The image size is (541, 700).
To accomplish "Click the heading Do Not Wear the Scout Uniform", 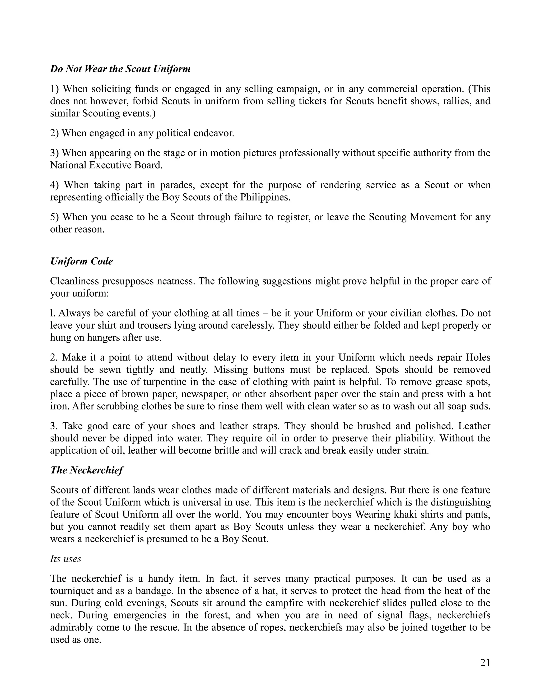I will coord(120,69).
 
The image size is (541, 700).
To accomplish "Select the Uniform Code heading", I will coord(81,261).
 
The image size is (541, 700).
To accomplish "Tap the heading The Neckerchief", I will coord(87,470).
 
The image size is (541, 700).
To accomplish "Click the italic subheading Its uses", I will coord(66,559).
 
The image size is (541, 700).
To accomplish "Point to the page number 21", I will coord(485,662).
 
